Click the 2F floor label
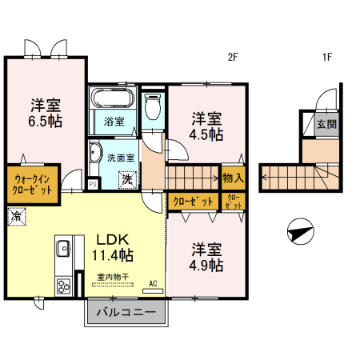(234, 57)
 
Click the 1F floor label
(327, 57)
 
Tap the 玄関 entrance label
(326, 124)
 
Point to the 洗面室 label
(122, 158)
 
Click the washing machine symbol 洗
(127, 180)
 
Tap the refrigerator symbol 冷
(16, 215)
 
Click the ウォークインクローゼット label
(32, 185)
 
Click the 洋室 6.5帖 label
(46, 113)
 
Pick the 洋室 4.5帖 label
(206, 126)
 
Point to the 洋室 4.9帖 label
(206, 257)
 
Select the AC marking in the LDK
(153, 283)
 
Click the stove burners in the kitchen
(63, 287)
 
